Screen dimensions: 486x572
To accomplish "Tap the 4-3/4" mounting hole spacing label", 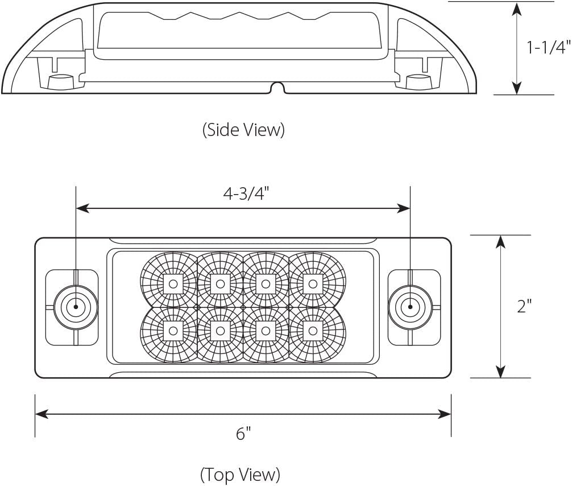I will click(x=245, y=193).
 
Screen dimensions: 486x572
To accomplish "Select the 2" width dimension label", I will click(x=524, y=306).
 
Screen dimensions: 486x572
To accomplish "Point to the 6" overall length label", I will click(x=243, y=434).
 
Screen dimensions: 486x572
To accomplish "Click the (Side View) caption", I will click(x=243, y=130).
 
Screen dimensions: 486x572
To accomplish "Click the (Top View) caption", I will click(x=240, y=473).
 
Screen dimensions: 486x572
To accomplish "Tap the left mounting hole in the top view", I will click(x=75, y=307).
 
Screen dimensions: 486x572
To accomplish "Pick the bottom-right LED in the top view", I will click(x=310, y=330).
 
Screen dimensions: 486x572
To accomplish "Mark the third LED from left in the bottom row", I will click(x=265, y=330).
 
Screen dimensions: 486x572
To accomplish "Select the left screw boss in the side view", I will click(x=57, y=82).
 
